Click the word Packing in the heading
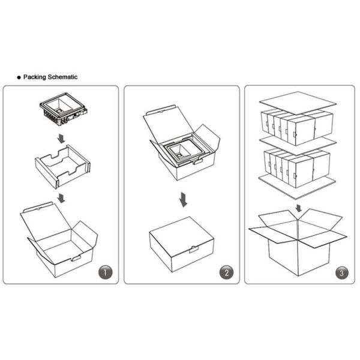pos(35,77)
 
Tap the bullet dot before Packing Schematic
pos(19,77)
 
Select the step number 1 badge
pos(106,272)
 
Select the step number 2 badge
pos(226,272)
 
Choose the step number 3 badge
pos(341,273)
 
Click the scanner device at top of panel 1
pos(64,109)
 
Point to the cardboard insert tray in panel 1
pos(62,166)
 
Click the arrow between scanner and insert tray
pos(61,139)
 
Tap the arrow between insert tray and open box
pos(61,198)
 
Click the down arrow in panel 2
pos(184,200)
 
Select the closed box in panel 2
pos(182,244)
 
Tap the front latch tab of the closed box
pos(194,250)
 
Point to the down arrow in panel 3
pos(298,208)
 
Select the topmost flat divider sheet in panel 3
pos(298,103)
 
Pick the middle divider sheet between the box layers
pos(298,145)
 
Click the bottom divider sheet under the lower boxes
pos(297,187)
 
